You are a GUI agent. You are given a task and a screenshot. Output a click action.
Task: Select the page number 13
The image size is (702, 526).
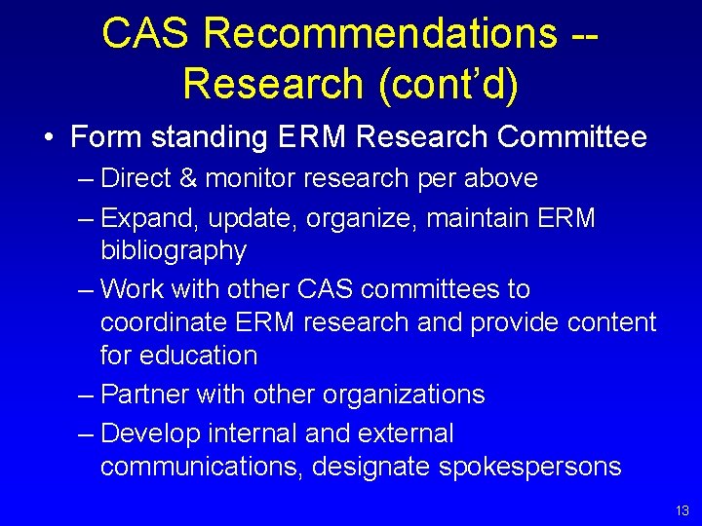point(681,510)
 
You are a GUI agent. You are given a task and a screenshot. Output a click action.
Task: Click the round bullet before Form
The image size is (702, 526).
point(48,138)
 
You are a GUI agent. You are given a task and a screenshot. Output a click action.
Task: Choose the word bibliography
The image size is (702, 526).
point(174,251)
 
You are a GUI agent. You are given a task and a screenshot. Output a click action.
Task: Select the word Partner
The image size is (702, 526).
point(144,394)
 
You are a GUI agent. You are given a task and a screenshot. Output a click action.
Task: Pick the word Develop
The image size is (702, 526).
point(150,432)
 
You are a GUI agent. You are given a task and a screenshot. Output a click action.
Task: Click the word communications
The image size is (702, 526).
point(205,467)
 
